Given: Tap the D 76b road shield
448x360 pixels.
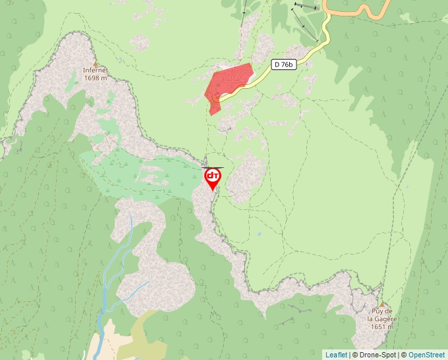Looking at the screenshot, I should pos(283,64).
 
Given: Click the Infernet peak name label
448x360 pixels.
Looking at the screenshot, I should pos(96,70).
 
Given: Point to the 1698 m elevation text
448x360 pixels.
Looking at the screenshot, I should pos(96,78).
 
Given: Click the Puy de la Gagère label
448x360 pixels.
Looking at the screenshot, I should pos(381,315).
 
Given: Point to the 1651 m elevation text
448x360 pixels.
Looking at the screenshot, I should pos(381,326).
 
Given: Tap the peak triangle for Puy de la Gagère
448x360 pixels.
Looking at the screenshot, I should pos(381,304).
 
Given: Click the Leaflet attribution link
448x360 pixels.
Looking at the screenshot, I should pos(336,355).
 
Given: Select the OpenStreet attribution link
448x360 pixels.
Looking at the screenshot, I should pos(427,355).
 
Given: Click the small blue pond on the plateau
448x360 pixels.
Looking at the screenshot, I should pos(260,234).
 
